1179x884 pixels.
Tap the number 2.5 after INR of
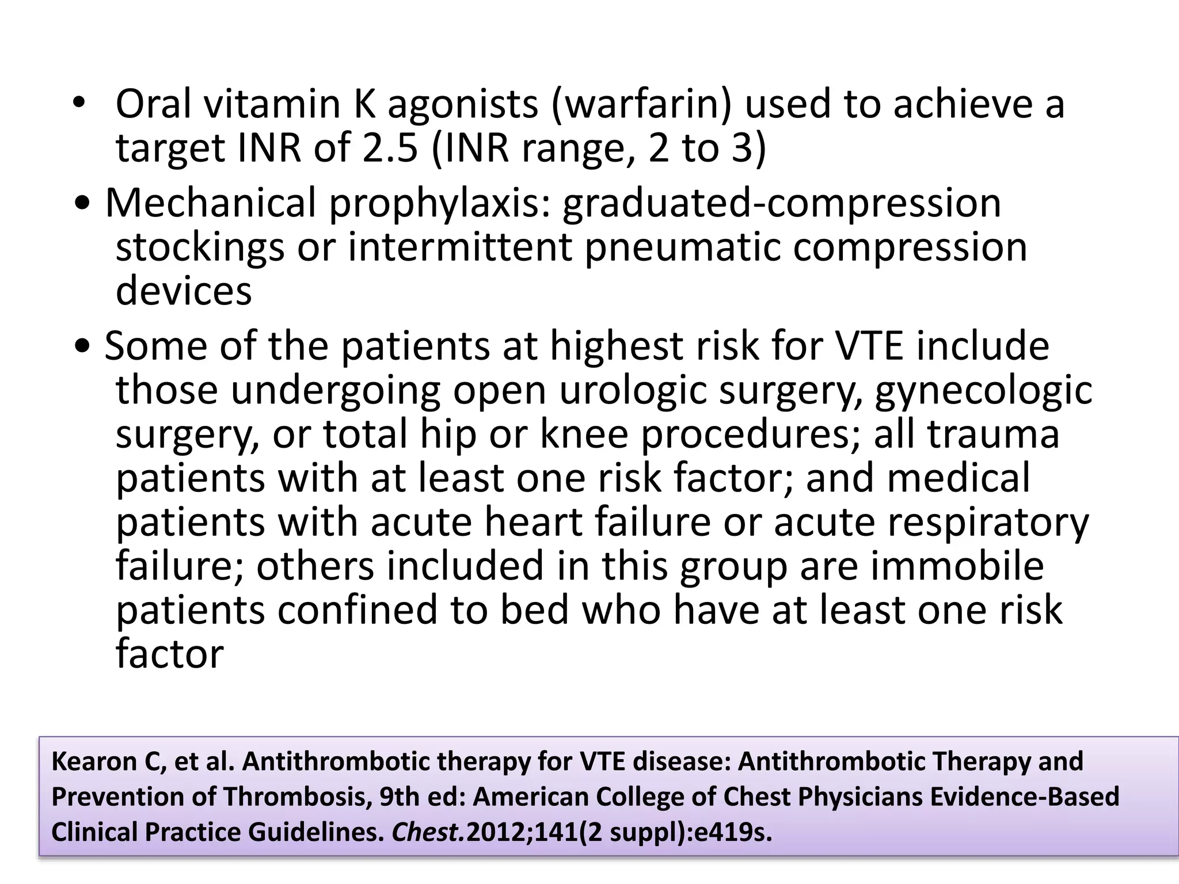pos(390,148)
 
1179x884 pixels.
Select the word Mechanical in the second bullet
pos(211,203)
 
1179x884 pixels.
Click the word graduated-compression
pos(781,204)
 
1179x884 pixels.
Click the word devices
pos(184,291)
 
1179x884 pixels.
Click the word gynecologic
pos(983,391)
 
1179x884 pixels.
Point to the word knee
pos(584,435)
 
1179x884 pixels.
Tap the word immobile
pos(957,566)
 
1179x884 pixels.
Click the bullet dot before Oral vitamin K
pos(79,105)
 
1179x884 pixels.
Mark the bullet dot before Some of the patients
pos(83,347)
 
